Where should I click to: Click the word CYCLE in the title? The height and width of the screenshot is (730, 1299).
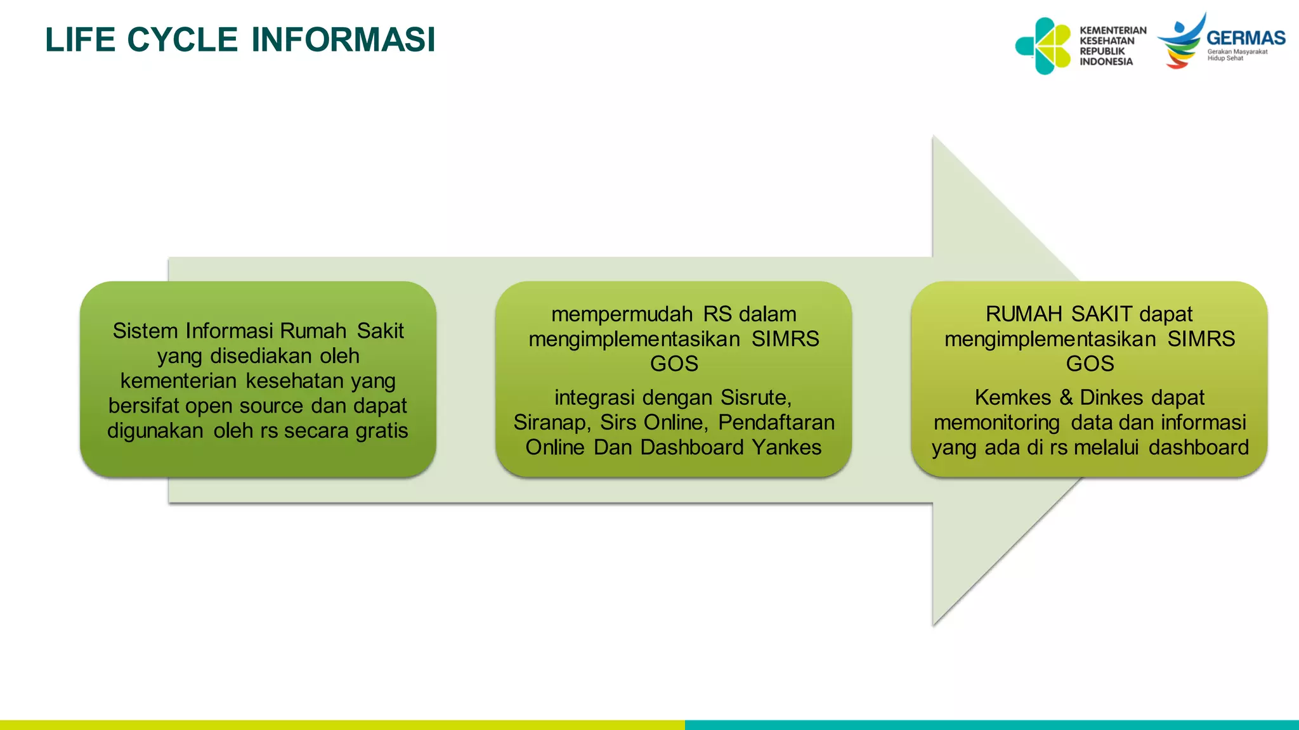click(182, 39)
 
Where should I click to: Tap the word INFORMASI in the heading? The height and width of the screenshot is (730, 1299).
click(343, 39)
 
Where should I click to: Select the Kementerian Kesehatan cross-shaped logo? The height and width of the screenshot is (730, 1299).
click(1043, 46)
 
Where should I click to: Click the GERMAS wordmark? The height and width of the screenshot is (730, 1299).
click(1246, 38)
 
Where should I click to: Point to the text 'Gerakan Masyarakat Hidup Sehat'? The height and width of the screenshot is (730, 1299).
click(1237, 55)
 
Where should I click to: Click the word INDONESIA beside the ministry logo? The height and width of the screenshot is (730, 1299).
click(1106, 61)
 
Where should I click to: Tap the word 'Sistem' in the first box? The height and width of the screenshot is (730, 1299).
click(146, 331)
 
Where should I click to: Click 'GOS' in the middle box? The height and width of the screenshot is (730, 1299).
click(674, 364)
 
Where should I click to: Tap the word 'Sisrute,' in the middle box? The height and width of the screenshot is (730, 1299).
click(756, 398)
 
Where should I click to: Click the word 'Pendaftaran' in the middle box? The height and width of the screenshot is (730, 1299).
click(776, 423)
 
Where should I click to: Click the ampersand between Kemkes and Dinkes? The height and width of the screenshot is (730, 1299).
click(1066, 398)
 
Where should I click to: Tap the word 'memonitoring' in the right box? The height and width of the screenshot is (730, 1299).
click(996, 423)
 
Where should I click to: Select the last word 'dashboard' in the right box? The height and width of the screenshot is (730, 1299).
click(1198, 447)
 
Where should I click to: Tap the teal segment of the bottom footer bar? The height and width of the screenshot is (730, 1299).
click(989, 724)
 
